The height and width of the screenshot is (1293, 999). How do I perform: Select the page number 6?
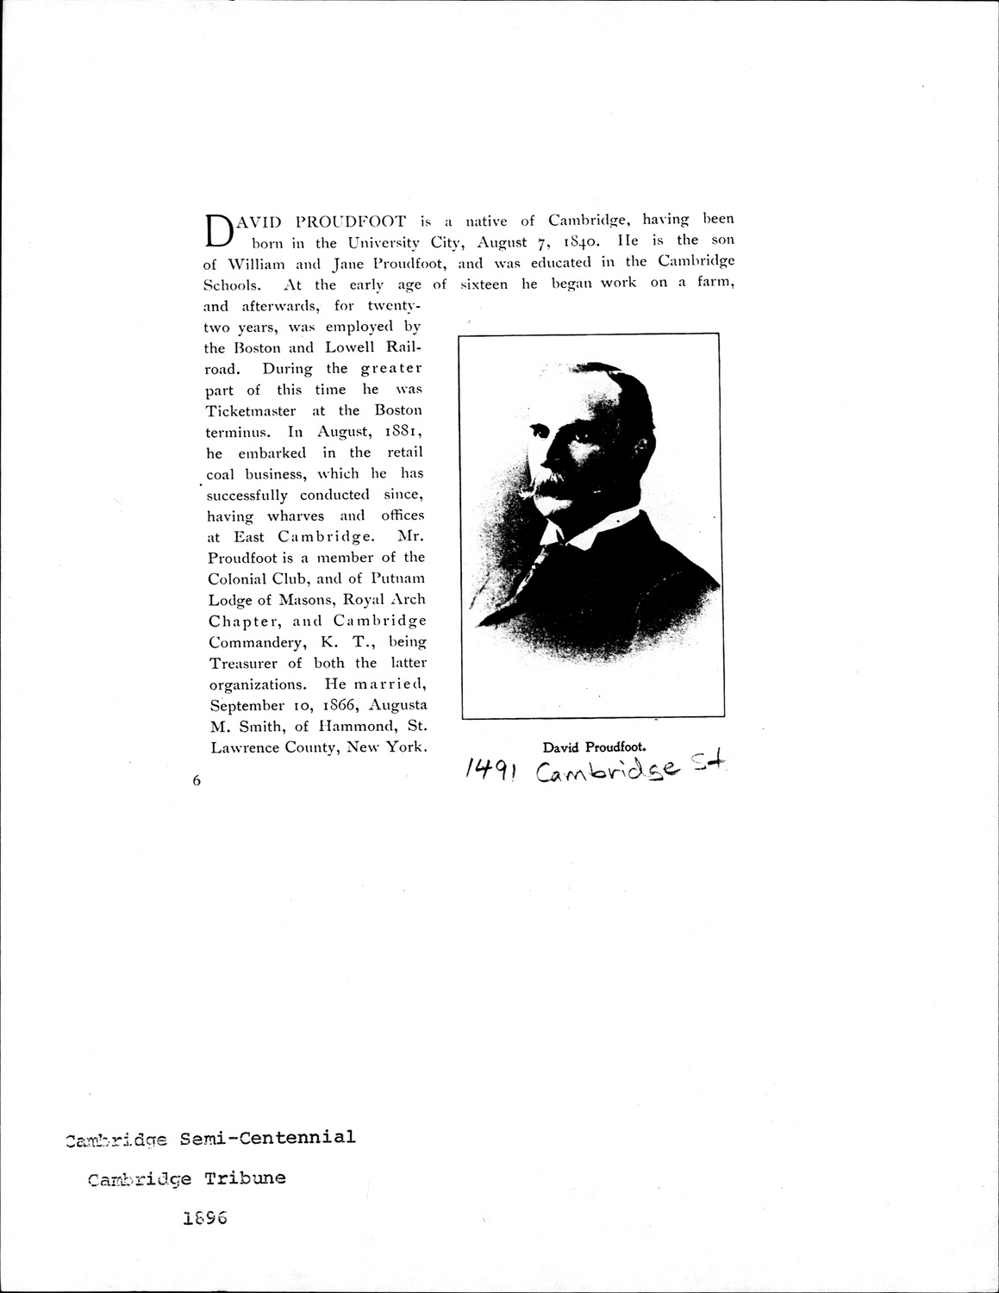coord(197,781)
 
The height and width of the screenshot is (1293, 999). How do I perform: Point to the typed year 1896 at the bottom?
coord(204,1220)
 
